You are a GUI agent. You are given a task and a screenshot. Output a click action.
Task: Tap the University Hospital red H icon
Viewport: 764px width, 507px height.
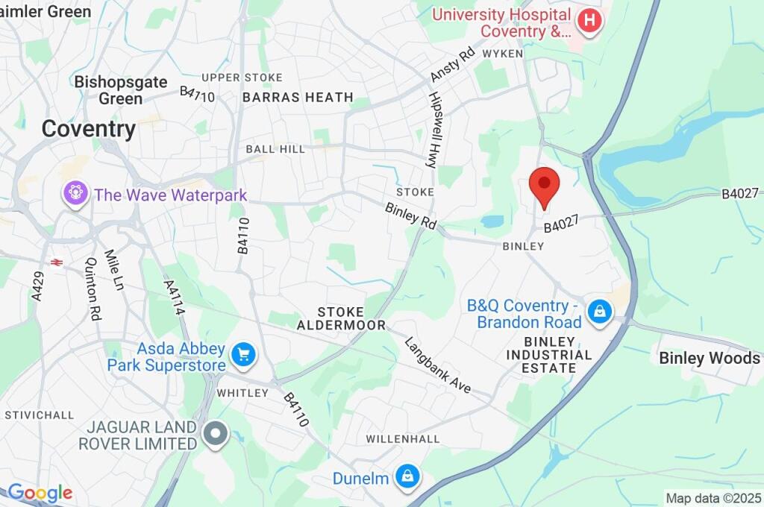pos(589,22)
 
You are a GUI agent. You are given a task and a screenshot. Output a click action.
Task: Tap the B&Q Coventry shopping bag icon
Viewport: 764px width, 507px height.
pos(599,313)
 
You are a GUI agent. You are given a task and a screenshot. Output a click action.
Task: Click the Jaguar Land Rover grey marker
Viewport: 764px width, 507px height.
pos(216,434)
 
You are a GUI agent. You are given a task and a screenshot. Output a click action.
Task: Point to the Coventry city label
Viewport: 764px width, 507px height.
pos(88,128)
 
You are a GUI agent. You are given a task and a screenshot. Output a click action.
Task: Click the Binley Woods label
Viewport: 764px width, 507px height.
pos(708,359)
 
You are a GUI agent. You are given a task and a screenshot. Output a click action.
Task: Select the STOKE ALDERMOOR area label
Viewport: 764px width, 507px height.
pos(341,318)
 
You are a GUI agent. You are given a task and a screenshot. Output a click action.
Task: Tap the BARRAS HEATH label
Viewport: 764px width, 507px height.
pos(298,97)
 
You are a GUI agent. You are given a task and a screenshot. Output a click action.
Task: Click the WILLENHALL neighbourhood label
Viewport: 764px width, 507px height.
pos(403,439)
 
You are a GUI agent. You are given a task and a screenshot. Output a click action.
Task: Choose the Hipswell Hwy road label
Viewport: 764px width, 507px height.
pos(432,130)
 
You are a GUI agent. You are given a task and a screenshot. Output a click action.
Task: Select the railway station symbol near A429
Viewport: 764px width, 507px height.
pos(55,262)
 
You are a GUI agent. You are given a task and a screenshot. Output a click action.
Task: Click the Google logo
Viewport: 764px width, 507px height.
pos(40,492)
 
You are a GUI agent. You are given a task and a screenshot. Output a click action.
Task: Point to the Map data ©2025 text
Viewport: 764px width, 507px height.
pos(713,498)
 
